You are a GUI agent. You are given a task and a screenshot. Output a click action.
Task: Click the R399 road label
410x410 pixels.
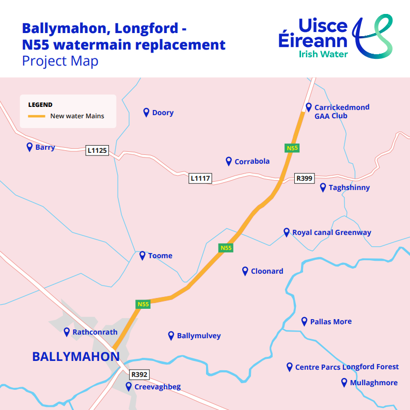pyautogui.click(x=304, y=178)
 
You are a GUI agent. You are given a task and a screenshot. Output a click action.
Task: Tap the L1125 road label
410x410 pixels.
pyautogui.click(x=97, y=150)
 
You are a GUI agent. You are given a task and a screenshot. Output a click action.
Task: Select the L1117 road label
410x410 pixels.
pyautogui.click(x=200, y=178)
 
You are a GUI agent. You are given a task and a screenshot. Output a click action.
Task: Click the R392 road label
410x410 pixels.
pyautogui.click(x=139, y=374)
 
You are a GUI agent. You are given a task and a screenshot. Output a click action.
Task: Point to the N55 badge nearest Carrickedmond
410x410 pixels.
pyautogui.click(x=292, y=148)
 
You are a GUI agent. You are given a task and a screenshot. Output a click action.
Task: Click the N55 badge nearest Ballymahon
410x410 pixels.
pyautogui.click(x=143, y=304)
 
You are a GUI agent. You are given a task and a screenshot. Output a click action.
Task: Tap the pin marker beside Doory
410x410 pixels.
pyautogui.click(x=147, y=112)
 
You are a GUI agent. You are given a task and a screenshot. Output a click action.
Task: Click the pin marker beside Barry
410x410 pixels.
pyautogui.click(x=29, y=147)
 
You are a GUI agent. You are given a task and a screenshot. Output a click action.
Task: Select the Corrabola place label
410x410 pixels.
pyautogui.click(x=252, y=161)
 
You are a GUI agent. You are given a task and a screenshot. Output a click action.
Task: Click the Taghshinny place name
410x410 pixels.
pyautogui.click(x=349, y=187)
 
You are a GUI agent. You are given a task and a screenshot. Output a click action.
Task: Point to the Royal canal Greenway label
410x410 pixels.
pyautogui.click(x=332, y=232)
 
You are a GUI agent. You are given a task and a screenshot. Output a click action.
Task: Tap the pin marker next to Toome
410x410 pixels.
pyautogui.click(x=143, y=255)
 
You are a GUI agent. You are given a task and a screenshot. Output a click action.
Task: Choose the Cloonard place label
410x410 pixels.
pyautogui.click(x=267, y=271)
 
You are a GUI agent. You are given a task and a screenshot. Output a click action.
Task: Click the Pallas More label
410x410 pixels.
pyautogui.click(x=330, y=321)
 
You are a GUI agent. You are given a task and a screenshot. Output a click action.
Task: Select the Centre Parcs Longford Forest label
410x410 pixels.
pyautogui.click(x=347, y=367)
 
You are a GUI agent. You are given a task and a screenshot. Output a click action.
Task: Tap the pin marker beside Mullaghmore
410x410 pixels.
pyautogui.click(x=344, y=382)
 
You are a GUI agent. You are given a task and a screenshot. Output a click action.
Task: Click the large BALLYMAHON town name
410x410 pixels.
pyautogui.click(x=76, y=356)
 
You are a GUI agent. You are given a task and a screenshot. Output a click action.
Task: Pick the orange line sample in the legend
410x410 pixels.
pyautogui.click(x=37, y=116)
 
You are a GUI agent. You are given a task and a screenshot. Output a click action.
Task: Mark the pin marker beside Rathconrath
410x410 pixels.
pyautogui.click(x=67, y=332)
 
